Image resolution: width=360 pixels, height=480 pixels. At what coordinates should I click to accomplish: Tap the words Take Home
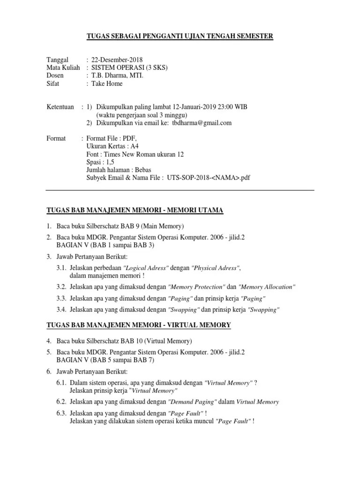[x=107, y=83]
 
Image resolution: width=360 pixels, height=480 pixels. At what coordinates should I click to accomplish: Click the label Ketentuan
[x=60, y=107]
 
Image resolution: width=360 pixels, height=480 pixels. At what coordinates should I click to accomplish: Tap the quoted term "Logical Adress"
[x=145, y=268]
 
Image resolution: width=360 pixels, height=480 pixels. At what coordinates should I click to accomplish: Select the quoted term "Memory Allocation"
[x=267, y=287]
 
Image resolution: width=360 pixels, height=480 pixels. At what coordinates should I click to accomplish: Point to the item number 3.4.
[x=61, y=309]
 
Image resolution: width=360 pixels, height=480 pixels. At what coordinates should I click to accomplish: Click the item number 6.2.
[x=61, y=402]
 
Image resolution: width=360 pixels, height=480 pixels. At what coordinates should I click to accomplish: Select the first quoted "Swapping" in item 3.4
[x=184, y=310]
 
